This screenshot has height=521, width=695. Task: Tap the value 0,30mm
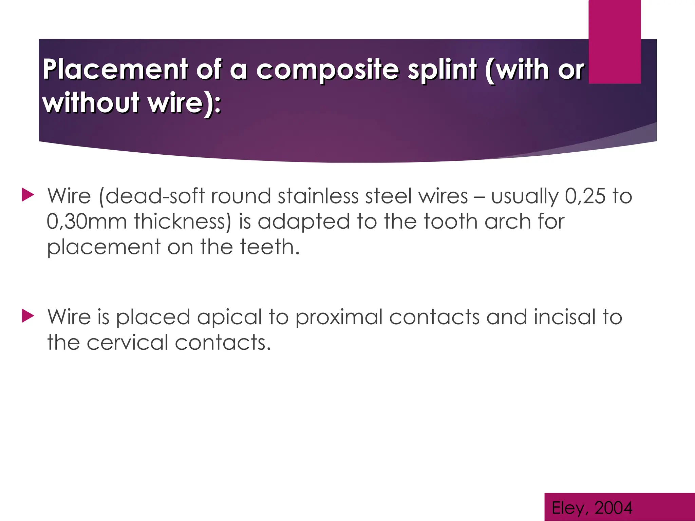point(87,221)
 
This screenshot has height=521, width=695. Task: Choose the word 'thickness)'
point(183,221)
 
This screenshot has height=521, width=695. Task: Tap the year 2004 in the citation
point(613,508)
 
